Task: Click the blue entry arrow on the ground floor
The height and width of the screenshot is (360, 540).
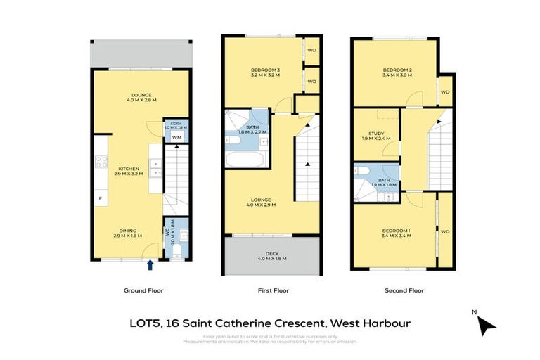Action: tap(150, 264)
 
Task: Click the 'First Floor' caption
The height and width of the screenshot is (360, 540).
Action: tap(273, 290)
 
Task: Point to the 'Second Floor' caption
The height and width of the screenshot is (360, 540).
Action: tap(404, 290)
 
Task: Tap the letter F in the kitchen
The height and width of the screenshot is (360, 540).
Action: tap(100, 198)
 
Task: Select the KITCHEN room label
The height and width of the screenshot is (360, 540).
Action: tap(129, 169)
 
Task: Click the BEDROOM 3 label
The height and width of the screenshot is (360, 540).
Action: tap(266, 70)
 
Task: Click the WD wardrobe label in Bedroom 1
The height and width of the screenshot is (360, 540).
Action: tap(444, 231)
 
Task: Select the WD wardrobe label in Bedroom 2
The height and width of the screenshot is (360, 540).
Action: tap(444, 91)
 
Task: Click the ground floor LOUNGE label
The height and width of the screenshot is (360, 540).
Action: tap(141, 96)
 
